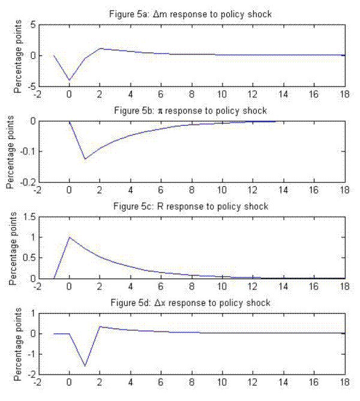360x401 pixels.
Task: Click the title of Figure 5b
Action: pyautogui.click(x=191, y=110)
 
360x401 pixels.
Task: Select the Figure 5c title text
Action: pyautogui.click(x=191, y=206)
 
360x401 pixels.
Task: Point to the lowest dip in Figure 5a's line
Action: pyautogui.click(x=70, y=80)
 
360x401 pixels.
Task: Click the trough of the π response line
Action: pyautogui.click(x=85, y=159)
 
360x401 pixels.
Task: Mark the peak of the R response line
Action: pyautogui.click(x=70, y=237)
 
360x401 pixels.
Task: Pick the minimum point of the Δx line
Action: pyautogui.click(x=85, y=366)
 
